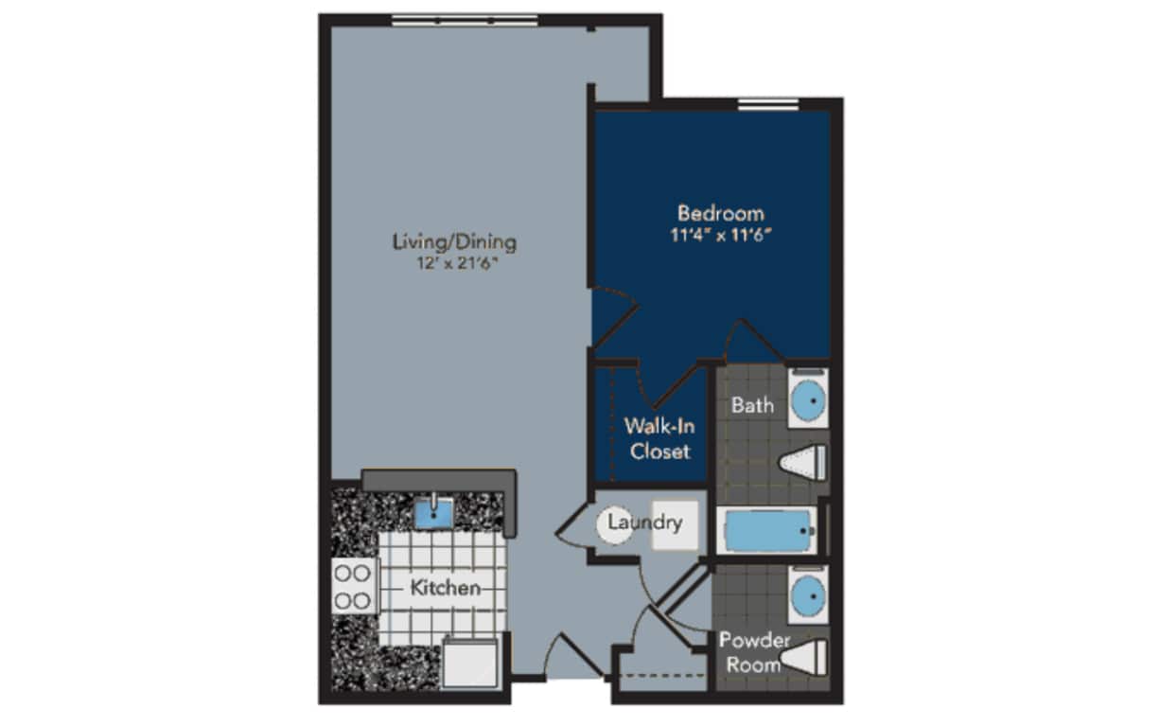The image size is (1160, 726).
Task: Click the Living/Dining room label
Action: tap(454, 242)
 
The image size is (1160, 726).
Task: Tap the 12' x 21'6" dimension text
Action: tap(457, 264)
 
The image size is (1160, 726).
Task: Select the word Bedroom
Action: tap(721, 214)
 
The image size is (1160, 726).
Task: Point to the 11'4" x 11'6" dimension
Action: tap(721, 236)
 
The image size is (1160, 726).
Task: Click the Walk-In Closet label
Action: tap(659, 439)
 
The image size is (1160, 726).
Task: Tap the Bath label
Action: tap(752, 405)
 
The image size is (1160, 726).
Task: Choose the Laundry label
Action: tap(644, 522)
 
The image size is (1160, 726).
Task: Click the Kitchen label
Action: tap(446, 588)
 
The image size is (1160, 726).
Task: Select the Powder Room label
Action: tap(754, 652)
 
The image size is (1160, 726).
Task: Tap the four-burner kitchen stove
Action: tap(354, 586)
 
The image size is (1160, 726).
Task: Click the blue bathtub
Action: tap(767, 531)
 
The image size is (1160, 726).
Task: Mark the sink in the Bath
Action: tap(808, 399)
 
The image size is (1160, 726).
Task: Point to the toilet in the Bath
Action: tap(803, 462)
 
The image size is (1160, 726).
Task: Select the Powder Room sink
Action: tap(808, 594)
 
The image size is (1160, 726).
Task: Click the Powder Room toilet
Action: tap(803, 657)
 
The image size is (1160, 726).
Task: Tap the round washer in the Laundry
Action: tap(615, 524)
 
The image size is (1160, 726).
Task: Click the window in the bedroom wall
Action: tap(768, 104)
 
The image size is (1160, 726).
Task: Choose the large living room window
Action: tap(465, 20)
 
